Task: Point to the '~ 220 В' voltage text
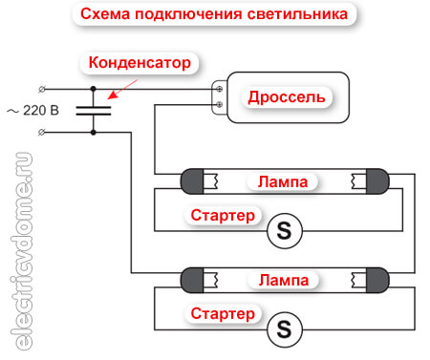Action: coord(33,110)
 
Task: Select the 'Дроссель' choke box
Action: coord(287,97)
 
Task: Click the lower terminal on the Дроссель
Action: coord(221,103)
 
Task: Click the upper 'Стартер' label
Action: coord(222,216)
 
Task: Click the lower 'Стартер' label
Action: coord(222,313)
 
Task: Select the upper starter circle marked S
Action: coord(282,229)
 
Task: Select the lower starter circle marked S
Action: coord(282,329)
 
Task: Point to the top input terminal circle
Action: coord(39,88)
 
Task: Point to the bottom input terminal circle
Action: coord(39,133)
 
